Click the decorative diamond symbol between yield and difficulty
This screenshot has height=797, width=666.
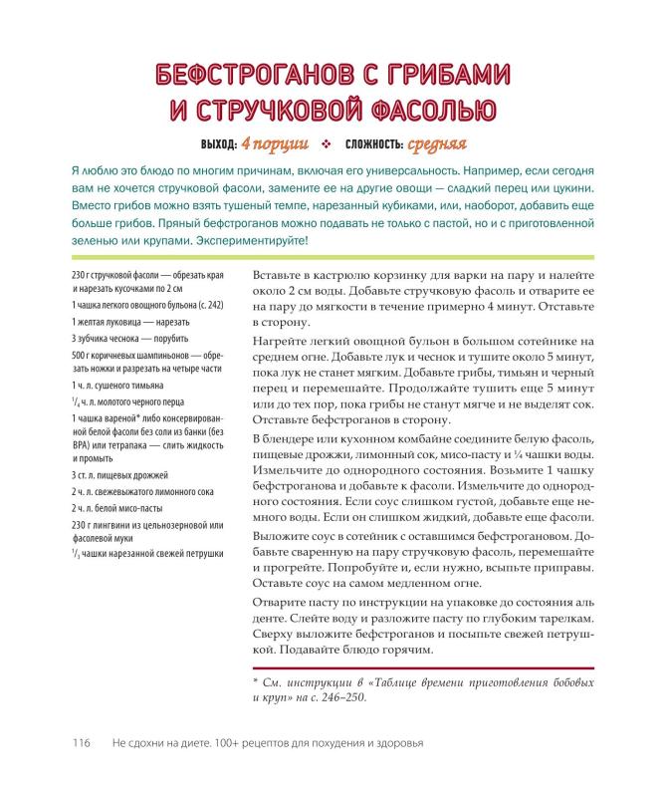326,142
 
